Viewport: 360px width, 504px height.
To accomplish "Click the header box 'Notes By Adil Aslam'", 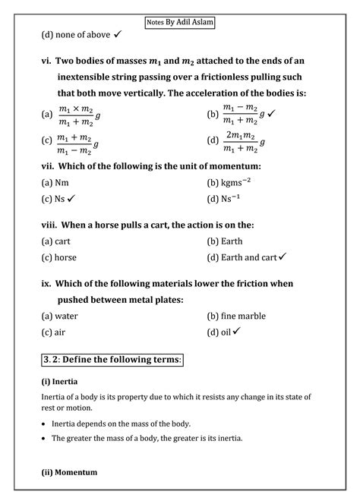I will (180, 22).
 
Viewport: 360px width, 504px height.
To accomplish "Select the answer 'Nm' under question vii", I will (62, 183).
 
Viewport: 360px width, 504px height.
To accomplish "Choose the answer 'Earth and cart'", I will (249, 257).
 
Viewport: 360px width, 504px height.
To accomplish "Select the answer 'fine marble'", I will (243, 316).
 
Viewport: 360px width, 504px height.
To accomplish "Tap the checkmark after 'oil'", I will (237, 332).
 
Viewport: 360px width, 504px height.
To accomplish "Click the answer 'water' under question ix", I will (66, 316).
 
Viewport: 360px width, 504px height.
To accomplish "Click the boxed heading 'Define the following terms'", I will (112, 358).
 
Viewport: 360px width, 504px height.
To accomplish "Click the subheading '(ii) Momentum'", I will (69, 472).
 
